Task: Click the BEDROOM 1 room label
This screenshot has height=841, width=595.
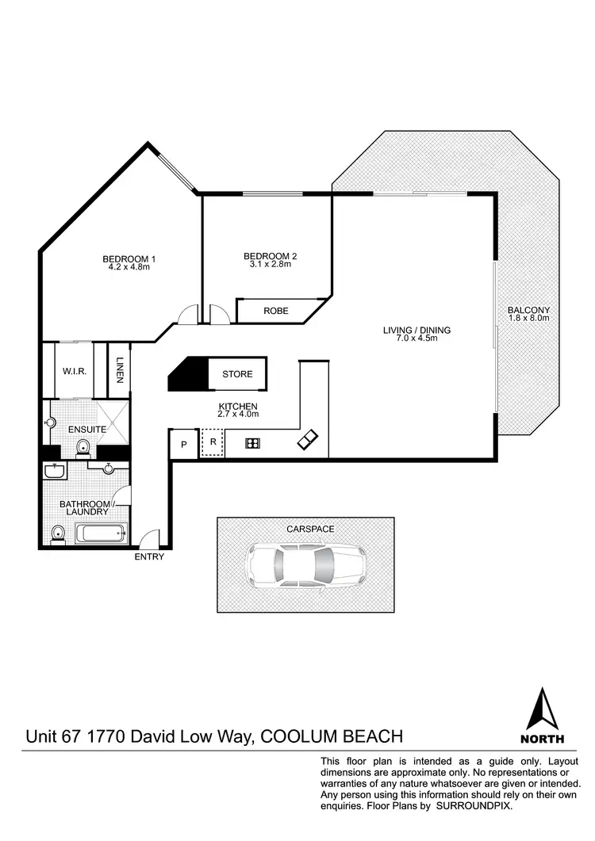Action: point(129,258)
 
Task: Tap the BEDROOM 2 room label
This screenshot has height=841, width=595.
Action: point(270,256)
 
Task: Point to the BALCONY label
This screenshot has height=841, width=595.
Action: point(529,311)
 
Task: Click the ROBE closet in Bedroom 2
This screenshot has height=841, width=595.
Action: point(275,311)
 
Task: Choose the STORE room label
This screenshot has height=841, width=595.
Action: point(237,374)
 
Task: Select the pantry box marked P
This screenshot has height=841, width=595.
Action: point(183,445)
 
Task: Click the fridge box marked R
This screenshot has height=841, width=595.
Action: point(213,443)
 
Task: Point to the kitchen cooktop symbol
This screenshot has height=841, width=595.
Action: point(253,444)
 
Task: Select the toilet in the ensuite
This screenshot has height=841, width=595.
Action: point(84,449)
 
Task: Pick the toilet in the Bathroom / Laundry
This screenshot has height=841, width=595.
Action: point(56,533)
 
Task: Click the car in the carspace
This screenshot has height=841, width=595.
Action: point(304,565)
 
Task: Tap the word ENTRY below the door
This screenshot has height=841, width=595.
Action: point(149,556)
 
